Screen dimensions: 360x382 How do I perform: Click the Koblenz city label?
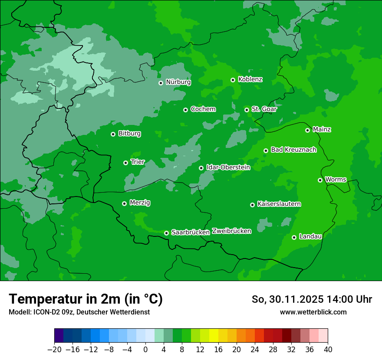tap(250, 79)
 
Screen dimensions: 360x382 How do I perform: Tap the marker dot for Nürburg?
tap(161, 83)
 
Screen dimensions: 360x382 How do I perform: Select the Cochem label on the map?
tap(203, 109)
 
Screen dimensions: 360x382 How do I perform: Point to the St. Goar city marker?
tap(247, 110)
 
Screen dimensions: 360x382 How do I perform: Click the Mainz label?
tap(322, 130)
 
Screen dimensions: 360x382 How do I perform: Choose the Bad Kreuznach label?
tap(293, 150)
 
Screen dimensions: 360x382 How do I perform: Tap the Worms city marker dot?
tap(320, 180)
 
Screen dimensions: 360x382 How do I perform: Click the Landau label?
tap(310, 237)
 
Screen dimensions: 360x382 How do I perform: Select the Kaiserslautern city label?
tap(279, 204)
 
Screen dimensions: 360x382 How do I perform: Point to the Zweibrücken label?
tap(231, 231)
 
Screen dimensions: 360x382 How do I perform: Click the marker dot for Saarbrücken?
tap(166, 233)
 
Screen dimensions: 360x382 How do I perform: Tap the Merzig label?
tap(140, 203)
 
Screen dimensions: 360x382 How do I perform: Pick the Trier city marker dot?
tap(125, 163)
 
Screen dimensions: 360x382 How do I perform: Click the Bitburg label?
tap(129, 134)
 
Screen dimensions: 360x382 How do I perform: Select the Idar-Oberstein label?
tap(228, 167)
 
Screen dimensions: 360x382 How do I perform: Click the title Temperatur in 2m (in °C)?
tap(86, 299)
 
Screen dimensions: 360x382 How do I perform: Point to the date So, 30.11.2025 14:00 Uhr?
tap(312, 299)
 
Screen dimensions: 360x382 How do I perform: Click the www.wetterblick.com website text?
tap(313, 312)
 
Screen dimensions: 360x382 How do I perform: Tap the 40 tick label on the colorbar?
tap(328, 350)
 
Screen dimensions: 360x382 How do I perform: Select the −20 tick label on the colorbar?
tap(54, 350)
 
